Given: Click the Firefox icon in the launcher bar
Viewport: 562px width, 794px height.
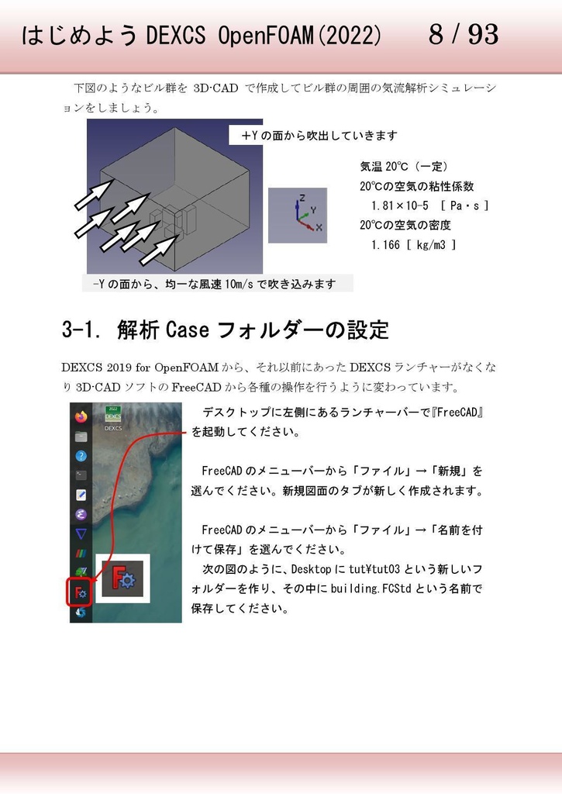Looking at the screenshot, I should pyautogui.click(x=81, y=416).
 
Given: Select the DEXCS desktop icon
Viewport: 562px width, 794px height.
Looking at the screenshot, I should pyautogui.click(x=113, y=416).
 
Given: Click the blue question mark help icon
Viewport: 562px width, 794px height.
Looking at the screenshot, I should pyautogui.click(x=81, y=456).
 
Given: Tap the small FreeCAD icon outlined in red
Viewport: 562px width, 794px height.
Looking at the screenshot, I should pyautogui.click(x=81, y=593).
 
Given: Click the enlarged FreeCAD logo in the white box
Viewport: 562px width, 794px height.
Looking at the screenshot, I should pyautogui.click(x=121, y=578).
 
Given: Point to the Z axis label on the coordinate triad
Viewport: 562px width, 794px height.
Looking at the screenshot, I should pyautogui.click(x=302, y=198).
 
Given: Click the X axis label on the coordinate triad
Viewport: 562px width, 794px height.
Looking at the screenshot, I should pyautogui.click(x=318, y=228).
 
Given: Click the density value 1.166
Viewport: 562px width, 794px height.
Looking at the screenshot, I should pyautogui.click(x=386, y=245).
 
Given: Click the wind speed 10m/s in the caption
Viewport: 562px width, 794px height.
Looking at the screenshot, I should pyautogui.click(x=238, y=285).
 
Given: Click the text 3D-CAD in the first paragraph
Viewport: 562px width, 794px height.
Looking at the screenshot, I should pyautogui.click(x=215, y=88).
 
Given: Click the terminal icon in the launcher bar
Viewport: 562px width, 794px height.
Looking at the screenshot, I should pyautogui.click(x=81, y=475).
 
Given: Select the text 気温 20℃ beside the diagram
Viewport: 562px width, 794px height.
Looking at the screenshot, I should pyautogui.click(x=384, y=167).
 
